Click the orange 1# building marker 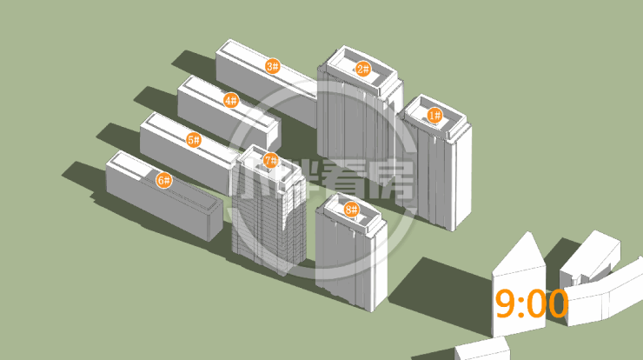[434, 116]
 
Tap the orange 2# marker [363, 69]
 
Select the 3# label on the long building [273, 66]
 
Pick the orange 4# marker [231, 100]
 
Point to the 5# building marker [194, 140]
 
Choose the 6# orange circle [164, 180]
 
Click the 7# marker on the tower [270, 161]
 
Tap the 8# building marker [351, 210]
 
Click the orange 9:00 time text [532, 303]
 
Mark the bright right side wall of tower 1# [461, 177]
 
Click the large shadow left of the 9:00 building [443, 291]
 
